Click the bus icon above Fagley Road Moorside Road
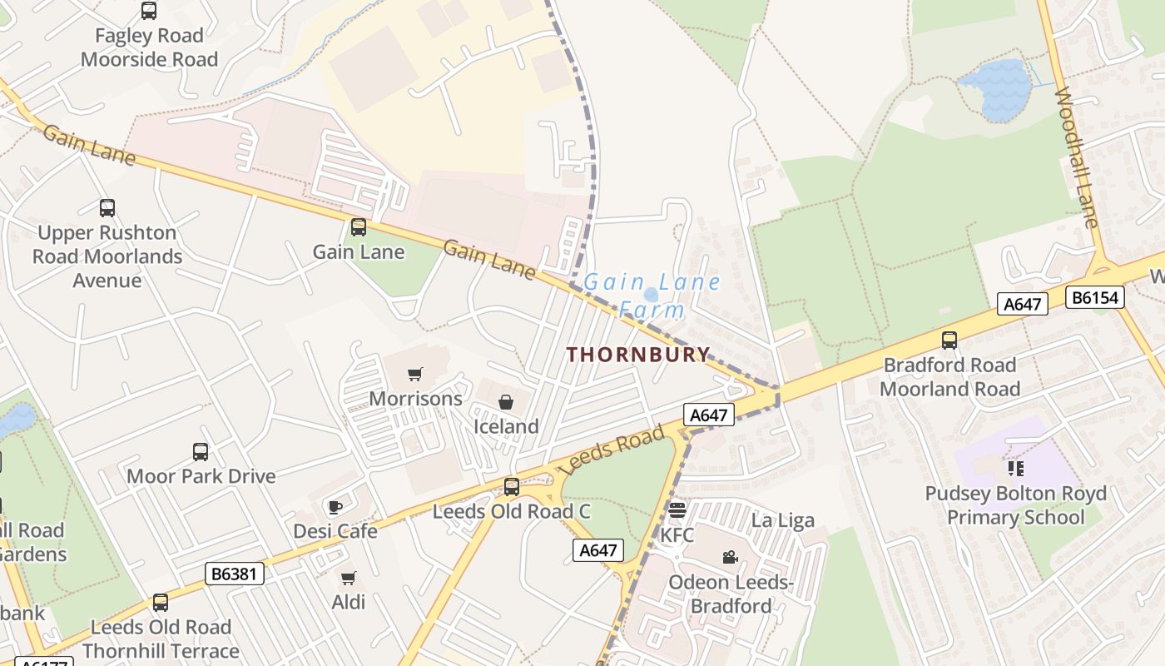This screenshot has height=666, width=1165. (x=149, y=11)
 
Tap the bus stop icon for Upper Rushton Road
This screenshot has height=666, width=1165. (x=107, y=208)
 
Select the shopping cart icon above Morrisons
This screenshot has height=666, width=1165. (x=415, y=374)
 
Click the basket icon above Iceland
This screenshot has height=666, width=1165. (x=506, y=402)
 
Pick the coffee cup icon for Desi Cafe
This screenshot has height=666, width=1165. (x=335, y=506)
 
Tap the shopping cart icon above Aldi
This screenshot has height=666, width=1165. (x=349, y=577)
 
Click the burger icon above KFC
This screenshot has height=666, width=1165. (x=677, y=509)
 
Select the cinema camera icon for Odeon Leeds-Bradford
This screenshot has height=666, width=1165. (x=731, y=557)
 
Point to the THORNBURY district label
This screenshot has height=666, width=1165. (x=638, y=354)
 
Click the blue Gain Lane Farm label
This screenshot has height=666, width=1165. (x=651, y=295)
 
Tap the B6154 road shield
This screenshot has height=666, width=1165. (x=1095, y=297)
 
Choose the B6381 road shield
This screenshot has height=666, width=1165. (x=234, y=573)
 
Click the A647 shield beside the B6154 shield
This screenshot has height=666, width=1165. (x=1022, y=304)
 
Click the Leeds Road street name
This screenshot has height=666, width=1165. (x=613, y=450)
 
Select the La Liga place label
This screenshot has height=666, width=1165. (x=783, y=520)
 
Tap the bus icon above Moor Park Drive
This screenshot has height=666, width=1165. (x=201, y=451)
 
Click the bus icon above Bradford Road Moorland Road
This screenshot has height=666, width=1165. (x=949, y=340)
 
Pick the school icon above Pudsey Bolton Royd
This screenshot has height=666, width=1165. (x=1015, y=469)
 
